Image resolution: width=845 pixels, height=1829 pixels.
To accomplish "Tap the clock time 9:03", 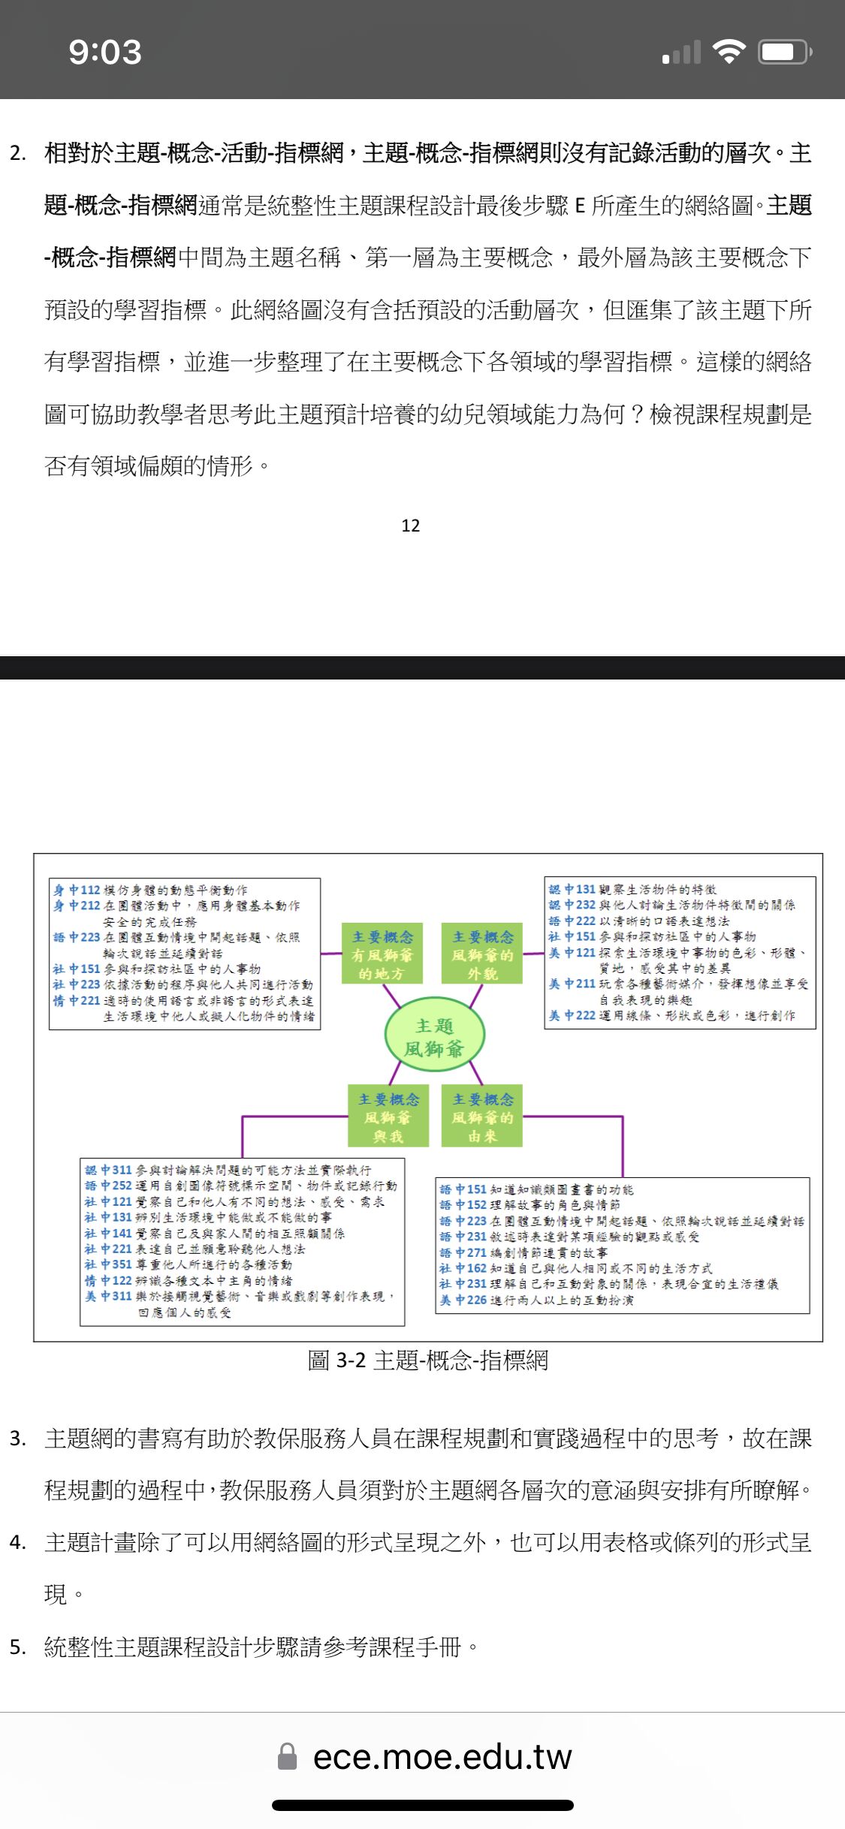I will click(x=105, y=52).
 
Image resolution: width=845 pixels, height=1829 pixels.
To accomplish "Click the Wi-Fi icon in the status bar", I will click(x=728, y=51).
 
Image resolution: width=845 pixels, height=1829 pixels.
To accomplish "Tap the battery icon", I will click(x=784, y=52).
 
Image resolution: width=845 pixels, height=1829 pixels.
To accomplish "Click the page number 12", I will click(x=410, y=526).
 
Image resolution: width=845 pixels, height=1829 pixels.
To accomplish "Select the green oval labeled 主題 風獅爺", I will click(x=434, y=1037).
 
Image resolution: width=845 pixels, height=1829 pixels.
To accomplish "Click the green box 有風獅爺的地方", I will click(x=382, y=954).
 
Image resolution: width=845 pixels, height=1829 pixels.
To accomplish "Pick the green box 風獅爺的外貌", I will click(x=482, y=954).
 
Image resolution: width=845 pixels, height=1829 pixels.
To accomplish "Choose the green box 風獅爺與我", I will click(x=388, y=1117).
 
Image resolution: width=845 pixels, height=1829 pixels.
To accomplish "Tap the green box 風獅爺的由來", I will click(x=482, y=1117).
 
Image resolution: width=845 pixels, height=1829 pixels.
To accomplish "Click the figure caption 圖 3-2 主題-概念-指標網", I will click(x=427, y=1360).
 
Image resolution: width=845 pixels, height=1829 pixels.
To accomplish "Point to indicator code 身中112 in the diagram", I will click(x=77, y=890).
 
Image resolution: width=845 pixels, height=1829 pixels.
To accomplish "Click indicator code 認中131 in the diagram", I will click(x=572, y=889).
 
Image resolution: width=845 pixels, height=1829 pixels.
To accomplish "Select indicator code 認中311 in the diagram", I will click(x=108, y=1170).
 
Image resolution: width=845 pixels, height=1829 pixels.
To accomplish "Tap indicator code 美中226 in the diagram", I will click(x=463, y=1300).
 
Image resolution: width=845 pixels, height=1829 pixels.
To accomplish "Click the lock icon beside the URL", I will click(x=287, y=1756).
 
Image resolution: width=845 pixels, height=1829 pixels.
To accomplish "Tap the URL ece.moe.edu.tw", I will click(x=442, y=1756).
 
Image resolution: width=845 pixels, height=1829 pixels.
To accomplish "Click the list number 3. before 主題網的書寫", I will click(x=18, y=1439).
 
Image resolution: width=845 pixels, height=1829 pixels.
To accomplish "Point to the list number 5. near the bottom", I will click(x=18, y=1647).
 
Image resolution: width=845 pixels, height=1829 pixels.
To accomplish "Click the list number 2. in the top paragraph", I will click(x=18, y=154).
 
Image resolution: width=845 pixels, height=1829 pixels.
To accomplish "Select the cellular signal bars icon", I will click(x=681, y=53).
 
